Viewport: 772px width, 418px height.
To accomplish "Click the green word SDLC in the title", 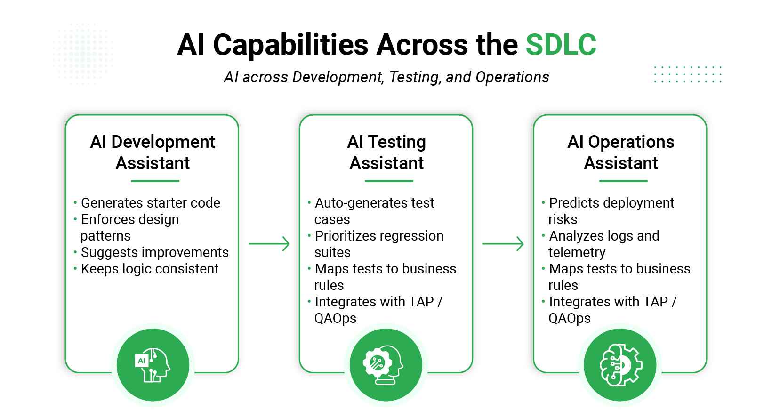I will click(x=561, y=45).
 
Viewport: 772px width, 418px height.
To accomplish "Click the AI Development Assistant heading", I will click(x=153, y=152).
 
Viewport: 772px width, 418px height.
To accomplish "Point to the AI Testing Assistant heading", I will click(x=386, y=152).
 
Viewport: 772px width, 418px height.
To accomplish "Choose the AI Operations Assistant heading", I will click(x=620, y=152).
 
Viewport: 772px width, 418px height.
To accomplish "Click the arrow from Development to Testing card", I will click(x=269, y=244).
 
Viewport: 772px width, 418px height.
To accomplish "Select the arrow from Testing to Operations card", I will click(x=503, y=244).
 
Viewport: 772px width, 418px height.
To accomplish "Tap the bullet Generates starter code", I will click(x=150, y=203).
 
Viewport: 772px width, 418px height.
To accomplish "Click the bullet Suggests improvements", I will click(x=154, y=252).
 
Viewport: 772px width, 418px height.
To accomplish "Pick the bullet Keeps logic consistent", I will click(x=149, y=269).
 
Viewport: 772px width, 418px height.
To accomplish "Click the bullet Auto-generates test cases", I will click(x=374, y=211).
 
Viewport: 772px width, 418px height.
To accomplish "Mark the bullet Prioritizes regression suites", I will click(x=378, y=244).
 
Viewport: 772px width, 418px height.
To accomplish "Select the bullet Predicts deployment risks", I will click(x=611, y=211).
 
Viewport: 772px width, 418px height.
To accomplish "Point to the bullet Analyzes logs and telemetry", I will click(x=603, y=244).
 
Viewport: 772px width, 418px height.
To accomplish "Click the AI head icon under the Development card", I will click(x=153, y=365).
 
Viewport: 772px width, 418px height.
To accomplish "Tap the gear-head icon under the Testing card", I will click(x=386, y=365).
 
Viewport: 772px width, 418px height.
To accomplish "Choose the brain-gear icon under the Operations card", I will click(x=620, y=365).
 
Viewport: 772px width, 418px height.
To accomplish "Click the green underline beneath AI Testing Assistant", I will click(x=389, y=181).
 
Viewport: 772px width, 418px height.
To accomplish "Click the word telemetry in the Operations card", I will click(x=577, y=252).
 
